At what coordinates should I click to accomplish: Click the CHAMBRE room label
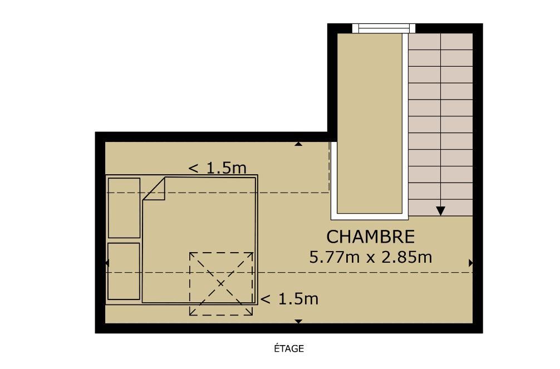(x=370, y=237)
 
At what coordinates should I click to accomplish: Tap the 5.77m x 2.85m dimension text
(x=370, y=257)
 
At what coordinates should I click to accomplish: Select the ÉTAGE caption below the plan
(x=289, y=348)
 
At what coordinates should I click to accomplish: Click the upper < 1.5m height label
(x=217, y=168)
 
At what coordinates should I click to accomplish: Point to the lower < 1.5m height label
(x=289, y=299)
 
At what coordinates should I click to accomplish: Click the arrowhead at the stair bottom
(x=441, y=211)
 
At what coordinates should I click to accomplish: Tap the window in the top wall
(x=384, y=28)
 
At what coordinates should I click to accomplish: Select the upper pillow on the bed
(x=124, y=208)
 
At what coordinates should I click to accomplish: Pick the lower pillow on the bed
(x=124, y=271)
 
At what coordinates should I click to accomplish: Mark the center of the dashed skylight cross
(x=221, y=284)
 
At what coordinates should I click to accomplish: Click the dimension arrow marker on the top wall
(x=298, y=144)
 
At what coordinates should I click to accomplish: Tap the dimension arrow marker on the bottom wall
(x=298, y=322)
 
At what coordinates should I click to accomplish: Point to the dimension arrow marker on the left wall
(x=107, y=263)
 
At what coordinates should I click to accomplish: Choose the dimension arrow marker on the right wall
(x=471, y=263)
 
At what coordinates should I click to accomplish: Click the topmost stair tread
(x=441, y=41)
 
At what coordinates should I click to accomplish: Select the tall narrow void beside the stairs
(x=370, y=124)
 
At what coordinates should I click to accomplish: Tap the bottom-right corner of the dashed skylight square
(x=253, y=315)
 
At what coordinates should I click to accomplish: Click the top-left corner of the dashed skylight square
(x=190, y=253)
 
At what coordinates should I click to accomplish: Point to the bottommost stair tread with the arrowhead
(x=441, y=208)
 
